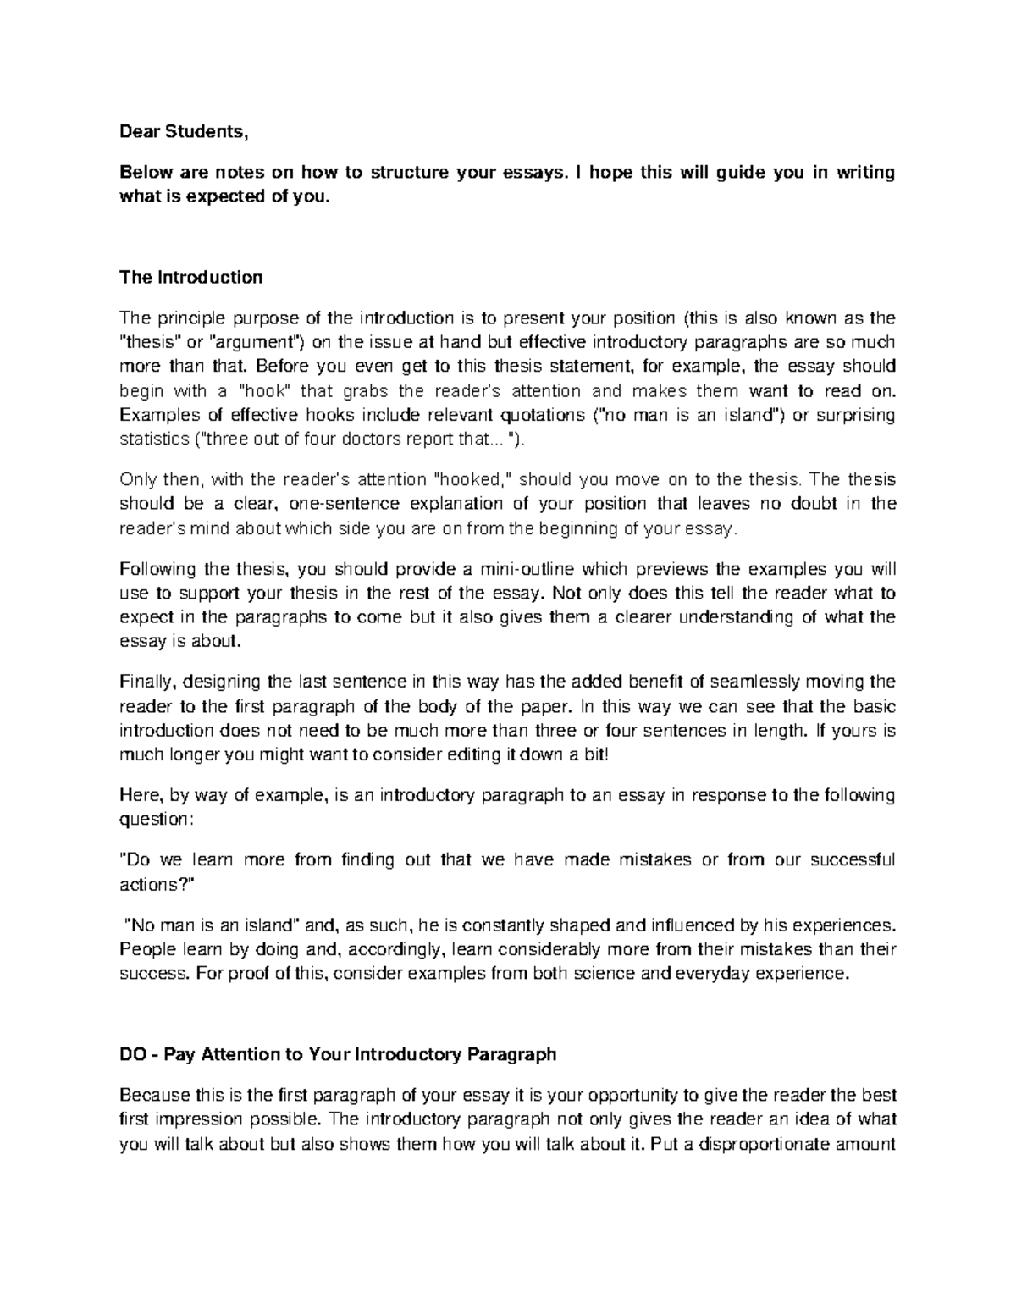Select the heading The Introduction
click(190, 277)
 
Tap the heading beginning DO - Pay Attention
click(338, 1054)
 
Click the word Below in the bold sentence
click(144, 174)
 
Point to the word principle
click(187, 318)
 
